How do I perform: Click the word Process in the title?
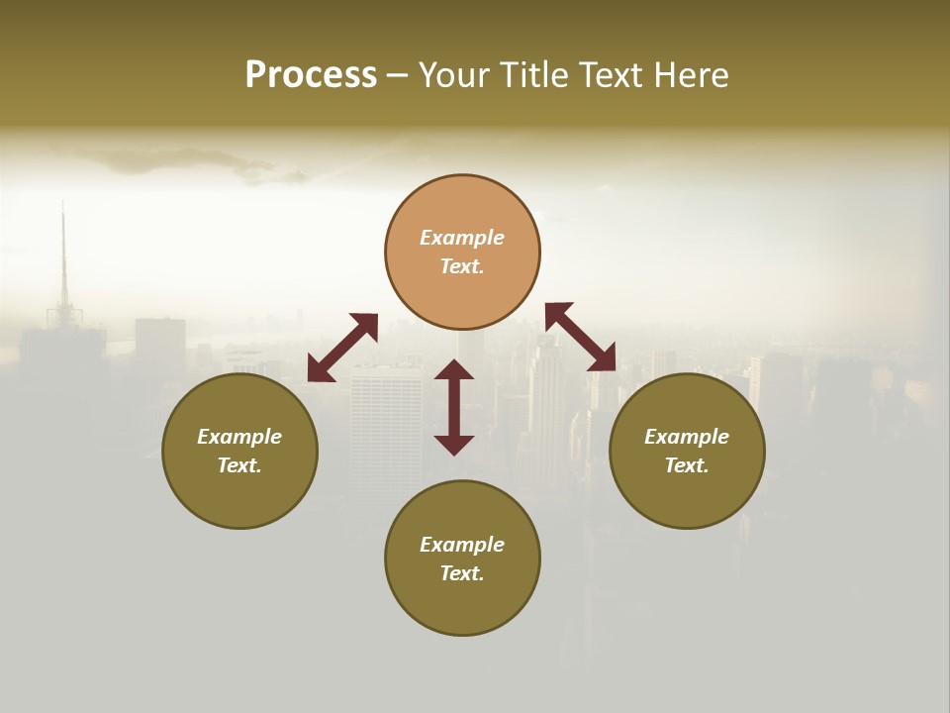(311, 75)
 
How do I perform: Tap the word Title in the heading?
(532, 75)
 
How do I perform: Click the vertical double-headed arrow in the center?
(454, 407)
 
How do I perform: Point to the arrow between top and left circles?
(342, 348)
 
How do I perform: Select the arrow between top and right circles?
(581, 337)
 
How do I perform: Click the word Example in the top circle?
(462, 238)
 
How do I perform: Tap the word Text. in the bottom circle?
(462, 573)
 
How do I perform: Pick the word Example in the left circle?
(239, 437)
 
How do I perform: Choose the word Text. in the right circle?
(687, 465)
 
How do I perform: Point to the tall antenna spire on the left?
(63, 257)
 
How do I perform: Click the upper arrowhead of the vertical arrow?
(454, 369)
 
